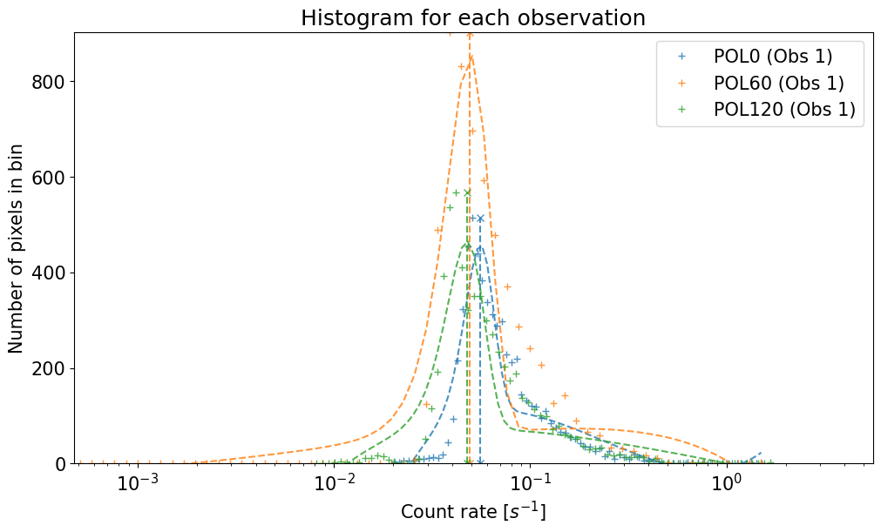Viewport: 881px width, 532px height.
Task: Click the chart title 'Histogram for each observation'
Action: click(x=473, y=17)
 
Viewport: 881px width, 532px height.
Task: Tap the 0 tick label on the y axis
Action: click(x=60, y=465)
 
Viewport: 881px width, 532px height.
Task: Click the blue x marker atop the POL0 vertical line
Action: click(x=480, y=218)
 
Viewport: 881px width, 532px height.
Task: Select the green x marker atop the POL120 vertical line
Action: click(x=467, y=192)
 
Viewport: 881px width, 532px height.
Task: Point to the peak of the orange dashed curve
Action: click(x=471, y=57)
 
